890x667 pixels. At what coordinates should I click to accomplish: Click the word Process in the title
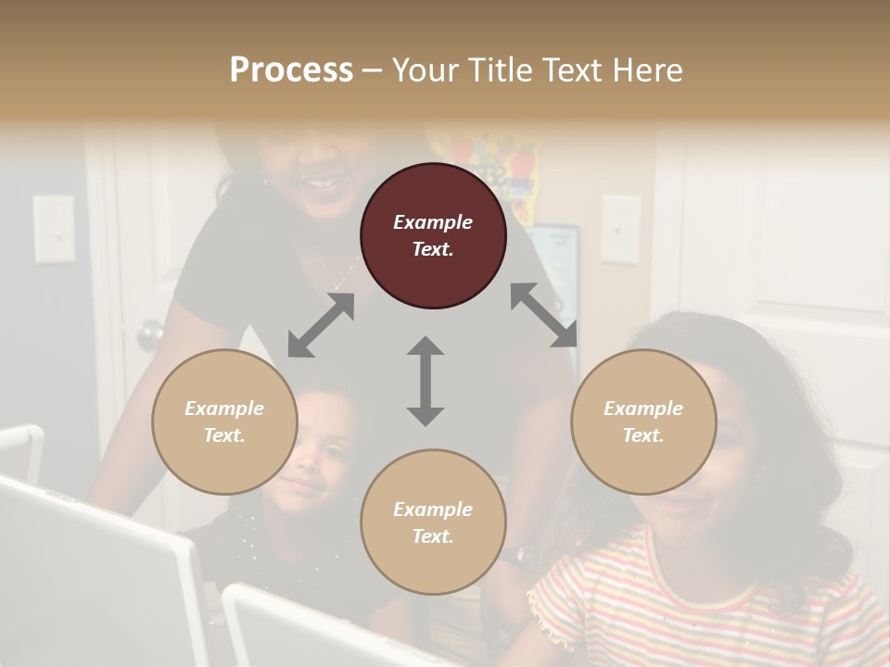click(x=291, y=70)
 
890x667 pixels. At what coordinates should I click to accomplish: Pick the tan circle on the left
click(x=224, y=422)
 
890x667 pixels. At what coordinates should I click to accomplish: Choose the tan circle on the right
click(x=643, y=422)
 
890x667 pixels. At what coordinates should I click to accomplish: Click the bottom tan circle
click(x=433, y=522)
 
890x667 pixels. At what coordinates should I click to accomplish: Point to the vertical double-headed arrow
click(x=426, y=381)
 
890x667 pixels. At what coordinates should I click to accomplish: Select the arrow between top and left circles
click(x=321, y=325)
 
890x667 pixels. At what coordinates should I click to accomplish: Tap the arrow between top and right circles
click(x=544, y=315)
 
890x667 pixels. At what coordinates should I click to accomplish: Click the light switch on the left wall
click(x=54, y=229)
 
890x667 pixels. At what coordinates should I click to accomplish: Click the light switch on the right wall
click(x=619, y=229)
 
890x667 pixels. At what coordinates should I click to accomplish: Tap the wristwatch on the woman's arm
click(x=519, y=556)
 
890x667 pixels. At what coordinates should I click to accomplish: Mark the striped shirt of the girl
click(x=705, y=602)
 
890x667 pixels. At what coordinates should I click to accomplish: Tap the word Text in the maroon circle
click(x=432, y=249)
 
